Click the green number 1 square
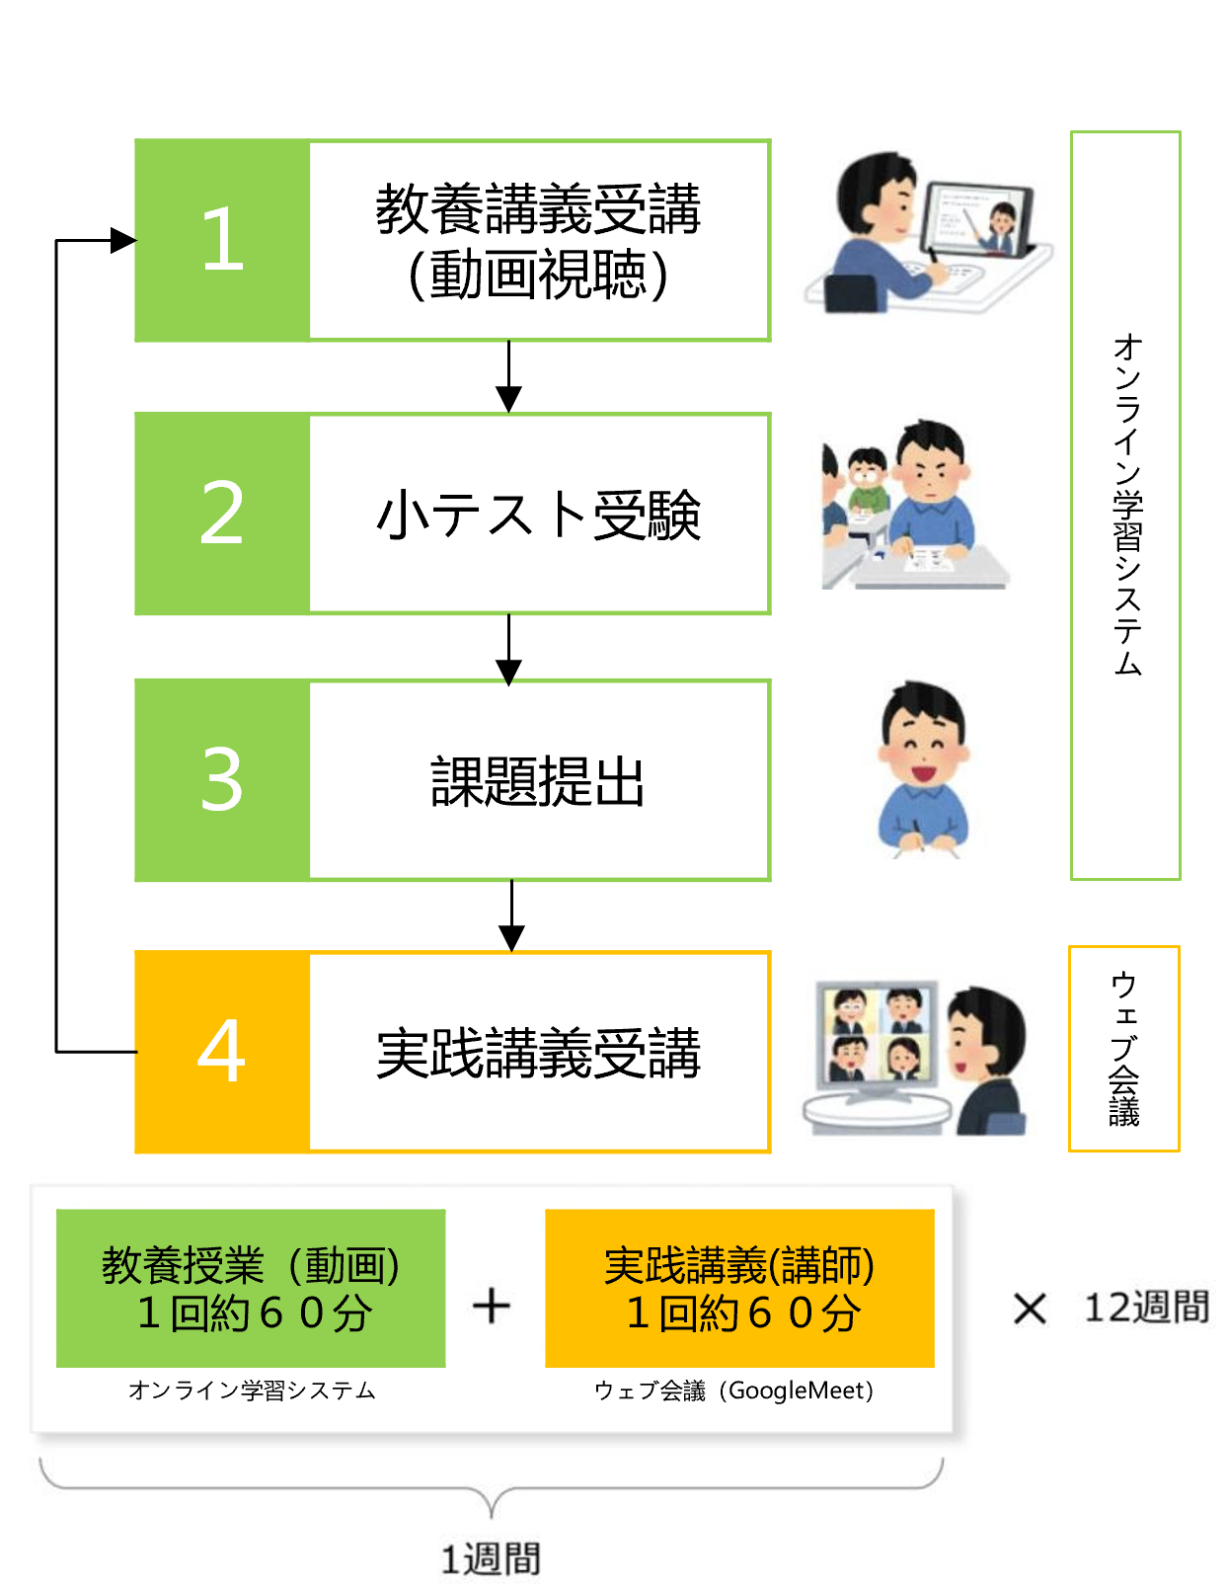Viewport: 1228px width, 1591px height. (x=222, y=241)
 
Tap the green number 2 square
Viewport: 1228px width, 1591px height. (x=222, y=514)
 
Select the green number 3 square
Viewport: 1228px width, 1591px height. (x=222, y=780)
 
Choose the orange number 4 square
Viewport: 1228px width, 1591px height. (x=222, y=1052)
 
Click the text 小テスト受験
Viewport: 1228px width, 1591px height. (x=539, y=516)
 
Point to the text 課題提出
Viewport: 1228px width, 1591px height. (x=539, y=782)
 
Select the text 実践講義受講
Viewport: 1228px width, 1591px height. (x=539, y=1054)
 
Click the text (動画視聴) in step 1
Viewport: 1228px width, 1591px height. (x=539, y=275)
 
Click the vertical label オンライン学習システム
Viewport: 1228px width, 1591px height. (x=1126, y=505)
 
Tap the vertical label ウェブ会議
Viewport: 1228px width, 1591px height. (x=1124, y=1049)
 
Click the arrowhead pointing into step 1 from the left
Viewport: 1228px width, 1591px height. (x=123, y=240)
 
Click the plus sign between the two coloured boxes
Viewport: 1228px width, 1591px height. (x=492, y=1307)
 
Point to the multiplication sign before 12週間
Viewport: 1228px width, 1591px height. (x=1030, y=1310)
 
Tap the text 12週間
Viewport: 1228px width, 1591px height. (x=1146, y=1308)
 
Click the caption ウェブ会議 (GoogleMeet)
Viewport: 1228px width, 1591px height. (x=734, y=1391)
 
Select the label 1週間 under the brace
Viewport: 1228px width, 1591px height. (x=491, y=1559)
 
